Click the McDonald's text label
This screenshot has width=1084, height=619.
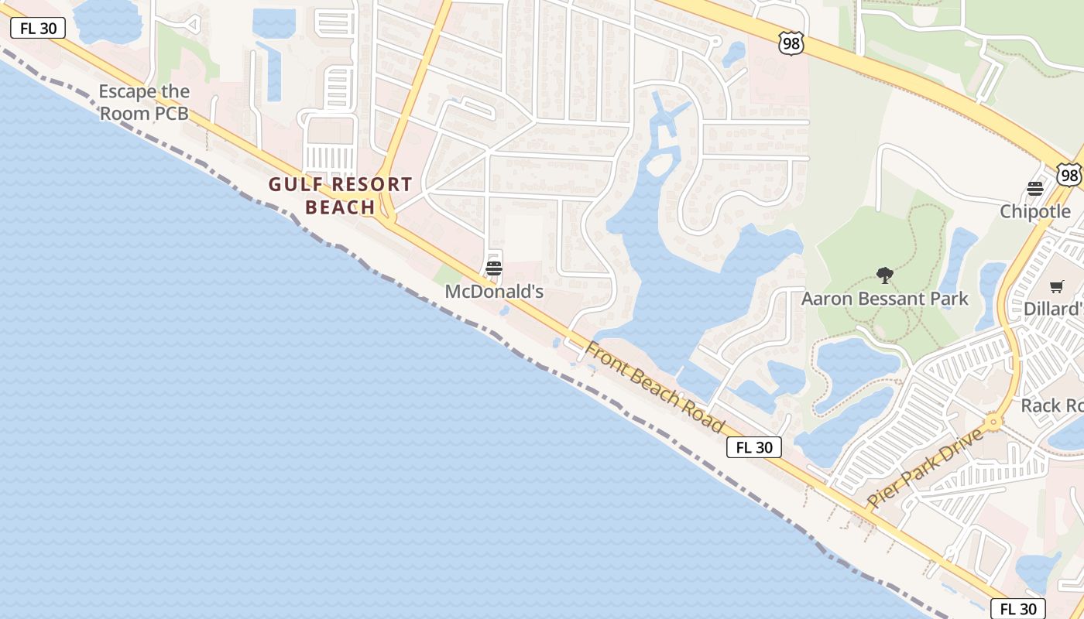[x=494, y=292]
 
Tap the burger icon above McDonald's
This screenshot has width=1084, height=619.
[x=494, y=268]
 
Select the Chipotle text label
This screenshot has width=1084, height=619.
[x=1035, y=211]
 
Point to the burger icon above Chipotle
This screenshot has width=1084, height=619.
[x=1035, y=189]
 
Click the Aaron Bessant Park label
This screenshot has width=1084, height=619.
[x=884, y=299]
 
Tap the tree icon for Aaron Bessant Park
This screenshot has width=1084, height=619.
[x=884, y=275]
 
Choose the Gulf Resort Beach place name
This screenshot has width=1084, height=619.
[x=340, y=196]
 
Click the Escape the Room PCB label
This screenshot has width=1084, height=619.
[x=144, y=103]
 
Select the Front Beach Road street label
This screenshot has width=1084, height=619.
[x=655, y=387]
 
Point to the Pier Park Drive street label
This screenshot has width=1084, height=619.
[x=925, y=468]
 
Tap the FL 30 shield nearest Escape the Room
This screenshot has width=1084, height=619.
[x=38, y=29]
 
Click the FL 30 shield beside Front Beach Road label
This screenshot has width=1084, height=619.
[x=754, y=447]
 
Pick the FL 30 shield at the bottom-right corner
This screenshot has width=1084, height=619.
[x=1017, y=609]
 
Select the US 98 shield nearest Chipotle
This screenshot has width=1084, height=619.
[x=1069, y=176]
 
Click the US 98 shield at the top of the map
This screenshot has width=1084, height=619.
[x=791, y=45]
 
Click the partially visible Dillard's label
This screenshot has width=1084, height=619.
[x=1053, y=309]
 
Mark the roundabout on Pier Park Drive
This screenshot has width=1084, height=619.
[x=993, y=422]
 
